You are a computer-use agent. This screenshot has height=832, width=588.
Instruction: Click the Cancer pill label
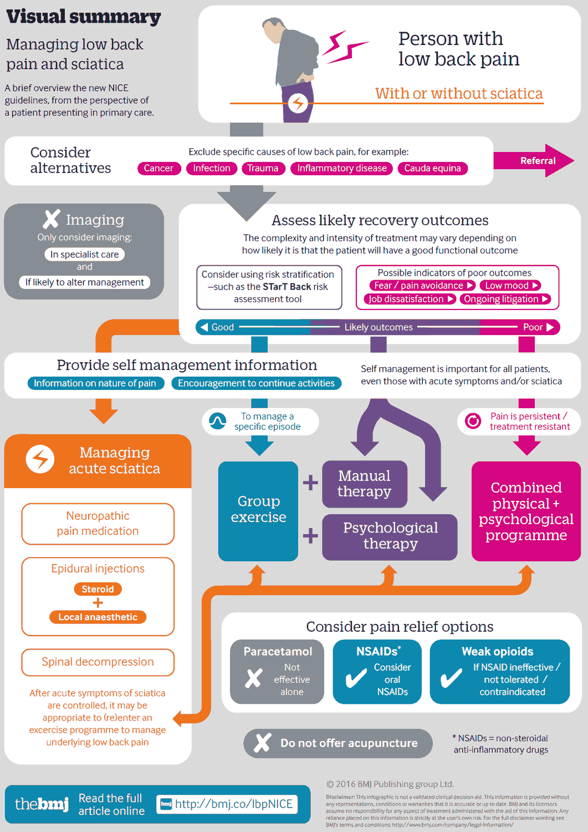pyautogui.click(x=158, y=168)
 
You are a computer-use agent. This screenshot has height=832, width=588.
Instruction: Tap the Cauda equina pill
pyautogui.click(x=432, y=168)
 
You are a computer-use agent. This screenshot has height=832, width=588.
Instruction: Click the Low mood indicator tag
pyautogui.click(x=510, y=286)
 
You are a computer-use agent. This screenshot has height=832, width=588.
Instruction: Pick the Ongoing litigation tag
pyautogui.click(x=505, y=299)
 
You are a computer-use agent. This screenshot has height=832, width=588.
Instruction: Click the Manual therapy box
pyautogui.click(x=364, y=484)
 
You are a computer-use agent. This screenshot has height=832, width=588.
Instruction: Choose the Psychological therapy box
pyautogui.click(x=390, y=536)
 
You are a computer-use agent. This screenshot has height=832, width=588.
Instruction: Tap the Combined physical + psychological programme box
pyautogui.click(x=526, y=511)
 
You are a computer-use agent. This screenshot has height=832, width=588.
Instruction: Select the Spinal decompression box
pyautogui.click(x=98, y=662)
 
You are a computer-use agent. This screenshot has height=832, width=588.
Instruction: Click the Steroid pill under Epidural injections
pyautogui.click(x=98, y=589)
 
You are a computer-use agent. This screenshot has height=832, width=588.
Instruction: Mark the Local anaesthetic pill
pyautogui.click(x=98, y=617)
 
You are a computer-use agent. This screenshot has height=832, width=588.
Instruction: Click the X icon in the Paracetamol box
pyautogui.click(x=254, y=678)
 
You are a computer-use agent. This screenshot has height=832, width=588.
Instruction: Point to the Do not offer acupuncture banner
pyautogui.click(x=338, y=743)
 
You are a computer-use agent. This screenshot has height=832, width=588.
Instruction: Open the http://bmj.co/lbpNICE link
pyautogui.click(x=228, y=804)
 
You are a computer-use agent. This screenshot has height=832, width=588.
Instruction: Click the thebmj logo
pyautogui.click(x=42, y=804)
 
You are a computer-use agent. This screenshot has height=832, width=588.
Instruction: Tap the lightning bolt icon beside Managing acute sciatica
pyautogui.click(x=40, y=459)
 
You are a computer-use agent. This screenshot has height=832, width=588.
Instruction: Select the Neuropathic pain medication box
pyautogui.click(x=98, y=524)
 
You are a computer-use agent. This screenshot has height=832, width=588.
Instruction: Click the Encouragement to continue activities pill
pyautogui.click(x=256, y=383)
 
